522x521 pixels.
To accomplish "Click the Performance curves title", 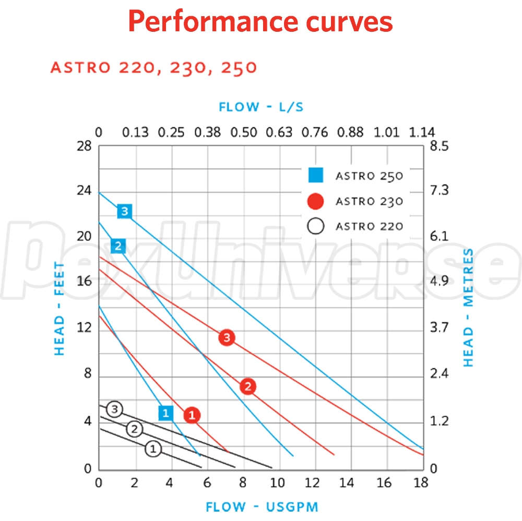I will [260, 21].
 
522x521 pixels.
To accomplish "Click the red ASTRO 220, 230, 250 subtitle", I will [153, 68].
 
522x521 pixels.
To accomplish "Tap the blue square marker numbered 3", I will [124, 211].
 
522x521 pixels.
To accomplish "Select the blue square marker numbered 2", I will [118, 246].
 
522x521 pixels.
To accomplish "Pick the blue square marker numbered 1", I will [165, 413].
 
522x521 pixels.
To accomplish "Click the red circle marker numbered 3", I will [227, 337].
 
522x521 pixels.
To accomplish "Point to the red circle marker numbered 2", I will [248, 386].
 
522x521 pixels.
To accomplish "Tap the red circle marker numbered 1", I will [192, 415].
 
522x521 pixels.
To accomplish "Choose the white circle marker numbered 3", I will [115, 409].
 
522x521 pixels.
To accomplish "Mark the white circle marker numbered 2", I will [134, 429].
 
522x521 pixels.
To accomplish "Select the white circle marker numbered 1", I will [153, 449].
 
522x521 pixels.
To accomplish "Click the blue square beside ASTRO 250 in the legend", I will [316, 176].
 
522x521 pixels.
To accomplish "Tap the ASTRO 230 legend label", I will [369, 201].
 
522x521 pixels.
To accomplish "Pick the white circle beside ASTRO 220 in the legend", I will [316, 226].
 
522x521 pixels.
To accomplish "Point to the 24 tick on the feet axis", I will [84, 190].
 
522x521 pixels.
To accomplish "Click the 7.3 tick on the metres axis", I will [438, 190].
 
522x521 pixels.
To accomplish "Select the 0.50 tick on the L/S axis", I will [244, 132].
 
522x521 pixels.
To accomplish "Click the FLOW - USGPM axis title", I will [262, 506].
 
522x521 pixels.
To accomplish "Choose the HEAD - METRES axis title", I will [468, 308].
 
